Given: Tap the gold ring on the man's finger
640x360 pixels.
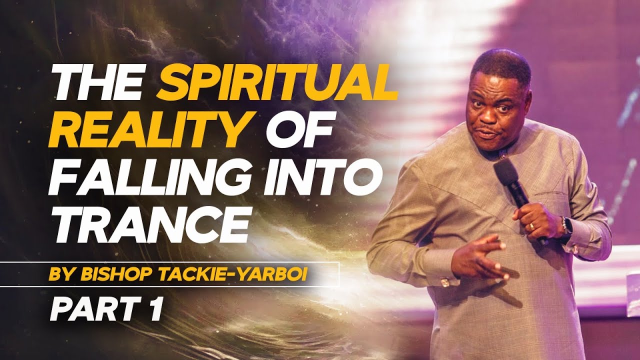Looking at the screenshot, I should click(531, 226).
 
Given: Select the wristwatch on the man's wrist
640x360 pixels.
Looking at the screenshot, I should click(566, 227).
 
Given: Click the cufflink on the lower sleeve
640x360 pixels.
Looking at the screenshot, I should click(443, 283).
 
